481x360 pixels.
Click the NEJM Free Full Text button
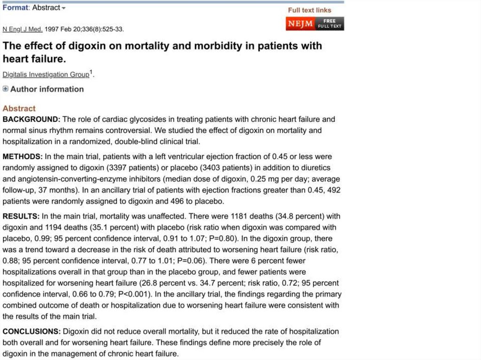(315, 23)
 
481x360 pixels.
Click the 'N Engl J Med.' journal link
(23, 29)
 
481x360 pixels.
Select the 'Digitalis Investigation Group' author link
(46, 75)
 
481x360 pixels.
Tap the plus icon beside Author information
(6, 89)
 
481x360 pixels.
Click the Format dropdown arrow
(64, 8)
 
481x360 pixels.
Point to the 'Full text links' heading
(310, 10)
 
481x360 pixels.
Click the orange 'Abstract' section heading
(19, 108)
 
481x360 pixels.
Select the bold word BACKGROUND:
(31, 119)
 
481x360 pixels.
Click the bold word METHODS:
(23, 156)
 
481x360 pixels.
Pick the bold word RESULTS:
(21, 216)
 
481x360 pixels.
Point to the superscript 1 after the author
(91, 72)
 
